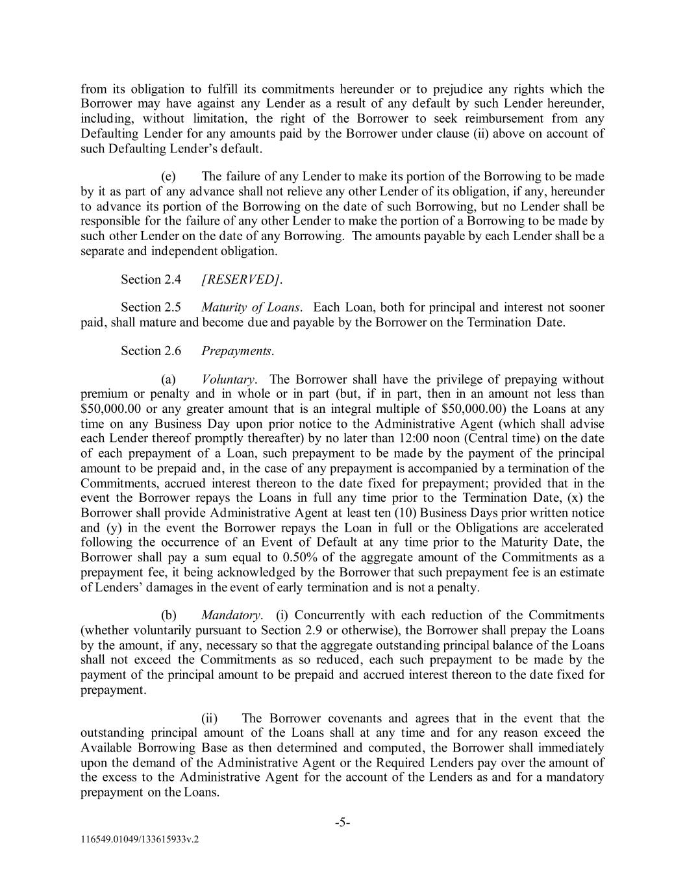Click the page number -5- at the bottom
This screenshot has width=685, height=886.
(343, 823)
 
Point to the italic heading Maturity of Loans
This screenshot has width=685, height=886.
(251, 307)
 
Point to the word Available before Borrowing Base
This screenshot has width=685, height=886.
(105, 747)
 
